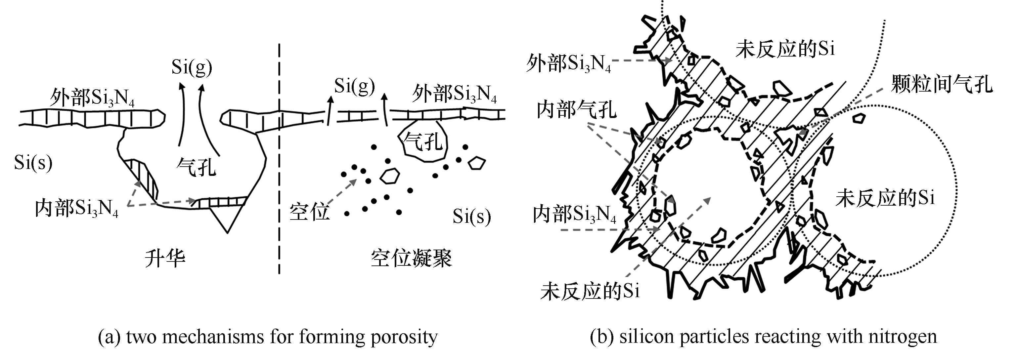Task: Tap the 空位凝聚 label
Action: [411, 258]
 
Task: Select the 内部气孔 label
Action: [576, 109]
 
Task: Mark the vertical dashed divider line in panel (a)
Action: [279, 158]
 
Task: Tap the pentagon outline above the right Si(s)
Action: [476, 163]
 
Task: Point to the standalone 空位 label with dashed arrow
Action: [309, 212]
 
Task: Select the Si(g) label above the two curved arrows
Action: [192, 67]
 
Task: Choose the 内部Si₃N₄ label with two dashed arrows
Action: [76, 208]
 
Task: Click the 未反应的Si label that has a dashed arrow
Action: [590, 291]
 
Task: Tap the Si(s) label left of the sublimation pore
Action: [33, 162]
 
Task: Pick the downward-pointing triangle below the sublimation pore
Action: [228, 217]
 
